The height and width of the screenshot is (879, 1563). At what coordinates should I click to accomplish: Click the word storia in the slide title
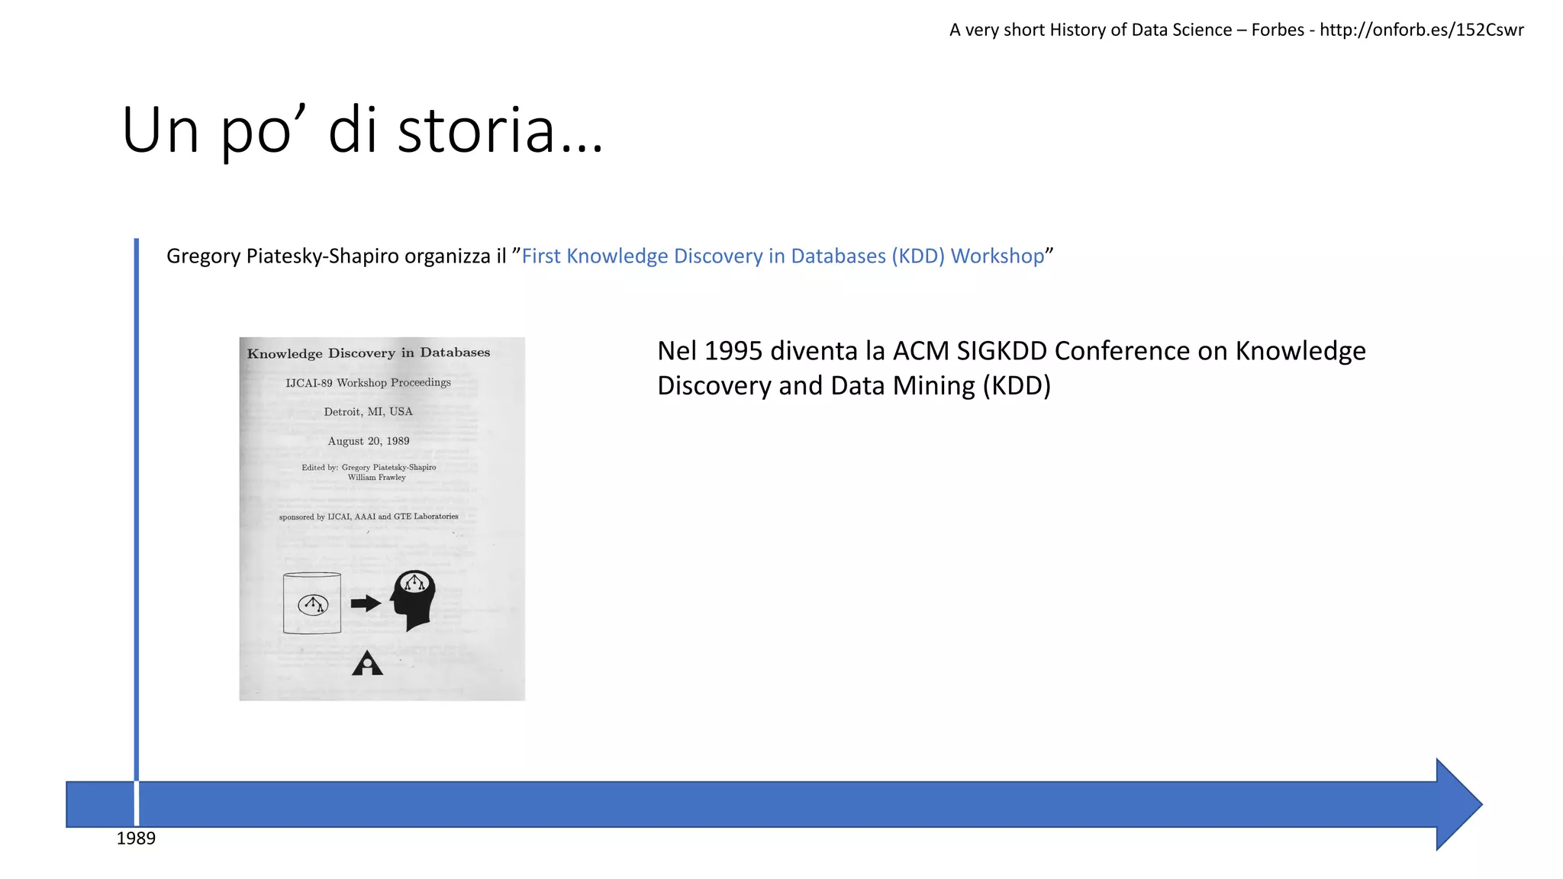pyautogui.click(x=475, y=130)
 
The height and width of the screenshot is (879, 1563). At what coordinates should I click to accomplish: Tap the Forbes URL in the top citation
pyautogui.click(x=1421, y=30)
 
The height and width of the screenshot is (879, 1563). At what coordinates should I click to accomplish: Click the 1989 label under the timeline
pyautogui.click(x=136, y=839)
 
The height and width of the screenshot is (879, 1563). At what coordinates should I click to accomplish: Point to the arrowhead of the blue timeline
pyautogui.click(x=1458, y=804)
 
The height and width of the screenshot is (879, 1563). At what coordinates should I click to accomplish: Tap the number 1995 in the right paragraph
pyautogui.click(x=733, y=351)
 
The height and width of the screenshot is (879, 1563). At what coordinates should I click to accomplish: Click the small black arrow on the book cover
pyautogui.click(x=366, y=604)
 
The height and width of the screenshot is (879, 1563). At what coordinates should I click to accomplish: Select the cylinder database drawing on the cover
pyautogui.click(x=312, y=603)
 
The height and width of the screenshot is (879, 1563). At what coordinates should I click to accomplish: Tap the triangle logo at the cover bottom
pyautogui.click(x=367, y=664)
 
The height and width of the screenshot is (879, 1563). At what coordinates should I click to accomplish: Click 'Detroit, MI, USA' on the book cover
pyautogui.click(x=368, y=412)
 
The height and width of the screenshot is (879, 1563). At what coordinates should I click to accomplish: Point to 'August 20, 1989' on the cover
pyautogui.click(x=369, y=441)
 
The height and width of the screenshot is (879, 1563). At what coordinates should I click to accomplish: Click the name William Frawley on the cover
pyautogui.click(x=376, y=478)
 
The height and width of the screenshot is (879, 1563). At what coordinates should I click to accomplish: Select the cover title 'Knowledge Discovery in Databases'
pyautogui.click(x=369, y=353)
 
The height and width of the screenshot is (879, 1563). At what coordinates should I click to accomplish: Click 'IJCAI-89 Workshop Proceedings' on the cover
pyautogui.click(x=368, y=383)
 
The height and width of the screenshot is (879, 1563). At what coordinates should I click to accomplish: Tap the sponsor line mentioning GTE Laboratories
pyautogui.click(x=369, y=517)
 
